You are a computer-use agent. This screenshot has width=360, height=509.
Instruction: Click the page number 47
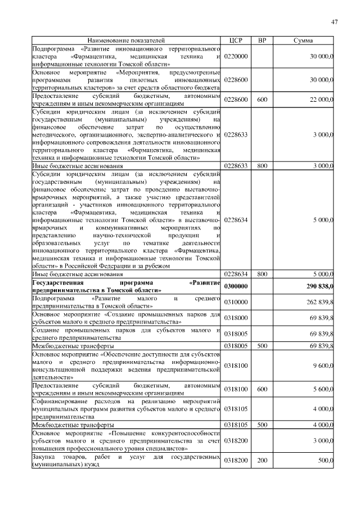(x=334, y=22)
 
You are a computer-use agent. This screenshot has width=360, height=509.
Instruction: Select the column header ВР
(x=262, y=40)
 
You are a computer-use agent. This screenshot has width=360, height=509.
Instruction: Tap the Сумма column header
(x=307, y=40)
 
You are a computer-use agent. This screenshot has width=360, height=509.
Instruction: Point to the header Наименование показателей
(x=126, y=40)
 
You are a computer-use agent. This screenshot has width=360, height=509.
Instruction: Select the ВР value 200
(x=262, y=460)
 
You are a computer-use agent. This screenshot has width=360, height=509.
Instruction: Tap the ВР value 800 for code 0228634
(x=262, y=274)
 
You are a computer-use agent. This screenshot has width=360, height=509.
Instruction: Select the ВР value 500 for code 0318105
(x=262, y=425)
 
